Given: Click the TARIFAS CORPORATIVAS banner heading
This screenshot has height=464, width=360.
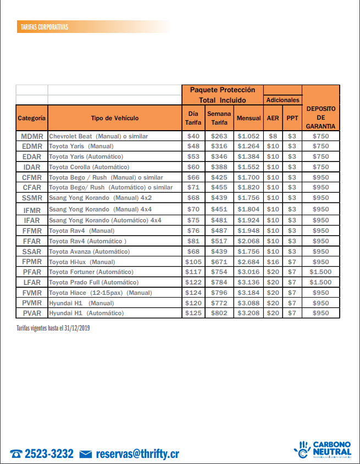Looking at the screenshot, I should point(44,27).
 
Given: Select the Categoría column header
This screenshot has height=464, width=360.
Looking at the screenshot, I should point(32,118).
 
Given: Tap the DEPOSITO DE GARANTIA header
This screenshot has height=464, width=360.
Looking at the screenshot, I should point(320,118).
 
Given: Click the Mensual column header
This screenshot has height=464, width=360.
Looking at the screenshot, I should point(248,118).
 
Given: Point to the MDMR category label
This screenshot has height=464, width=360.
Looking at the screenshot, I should point(32,136).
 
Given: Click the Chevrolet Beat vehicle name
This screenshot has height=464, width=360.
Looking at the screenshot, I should point(98,136).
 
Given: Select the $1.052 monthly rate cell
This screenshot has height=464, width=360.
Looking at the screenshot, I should point(248,136).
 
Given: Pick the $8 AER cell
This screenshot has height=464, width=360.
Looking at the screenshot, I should point(273,136).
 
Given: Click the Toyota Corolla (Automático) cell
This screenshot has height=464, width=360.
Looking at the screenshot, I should point(89,167).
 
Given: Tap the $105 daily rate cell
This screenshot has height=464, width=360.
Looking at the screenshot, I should point(193,262).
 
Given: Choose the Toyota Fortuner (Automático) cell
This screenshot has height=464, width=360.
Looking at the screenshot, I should point(91,272).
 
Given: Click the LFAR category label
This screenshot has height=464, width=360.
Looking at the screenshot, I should point(32,282).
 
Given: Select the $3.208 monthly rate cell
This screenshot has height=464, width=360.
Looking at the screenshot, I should point(248,313).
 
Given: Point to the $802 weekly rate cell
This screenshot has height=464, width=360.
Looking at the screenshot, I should point(219,313).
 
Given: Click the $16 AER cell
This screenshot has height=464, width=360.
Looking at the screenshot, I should point(273,262).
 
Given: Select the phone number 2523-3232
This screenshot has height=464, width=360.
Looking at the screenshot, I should point(49,454).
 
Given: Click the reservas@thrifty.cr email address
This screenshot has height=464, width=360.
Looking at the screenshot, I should point(137,454).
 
